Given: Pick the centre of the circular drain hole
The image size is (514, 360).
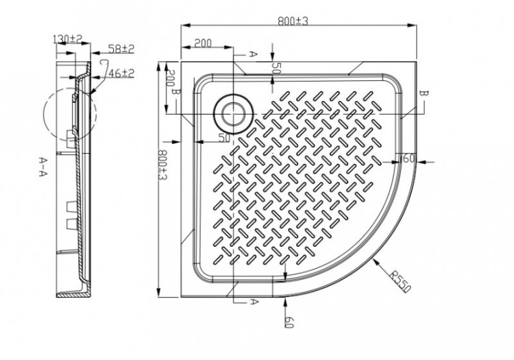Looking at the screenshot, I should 234,112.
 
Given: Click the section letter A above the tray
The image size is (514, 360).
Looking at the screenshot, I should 252,53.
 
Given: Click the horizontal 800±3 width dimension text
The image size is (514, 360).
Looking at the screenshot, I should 293,21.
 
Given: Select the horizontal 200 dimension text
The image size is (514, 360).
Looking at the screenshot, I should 201,43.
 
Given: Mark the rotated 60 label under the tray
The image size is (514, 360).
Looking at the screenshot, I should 291,322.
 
